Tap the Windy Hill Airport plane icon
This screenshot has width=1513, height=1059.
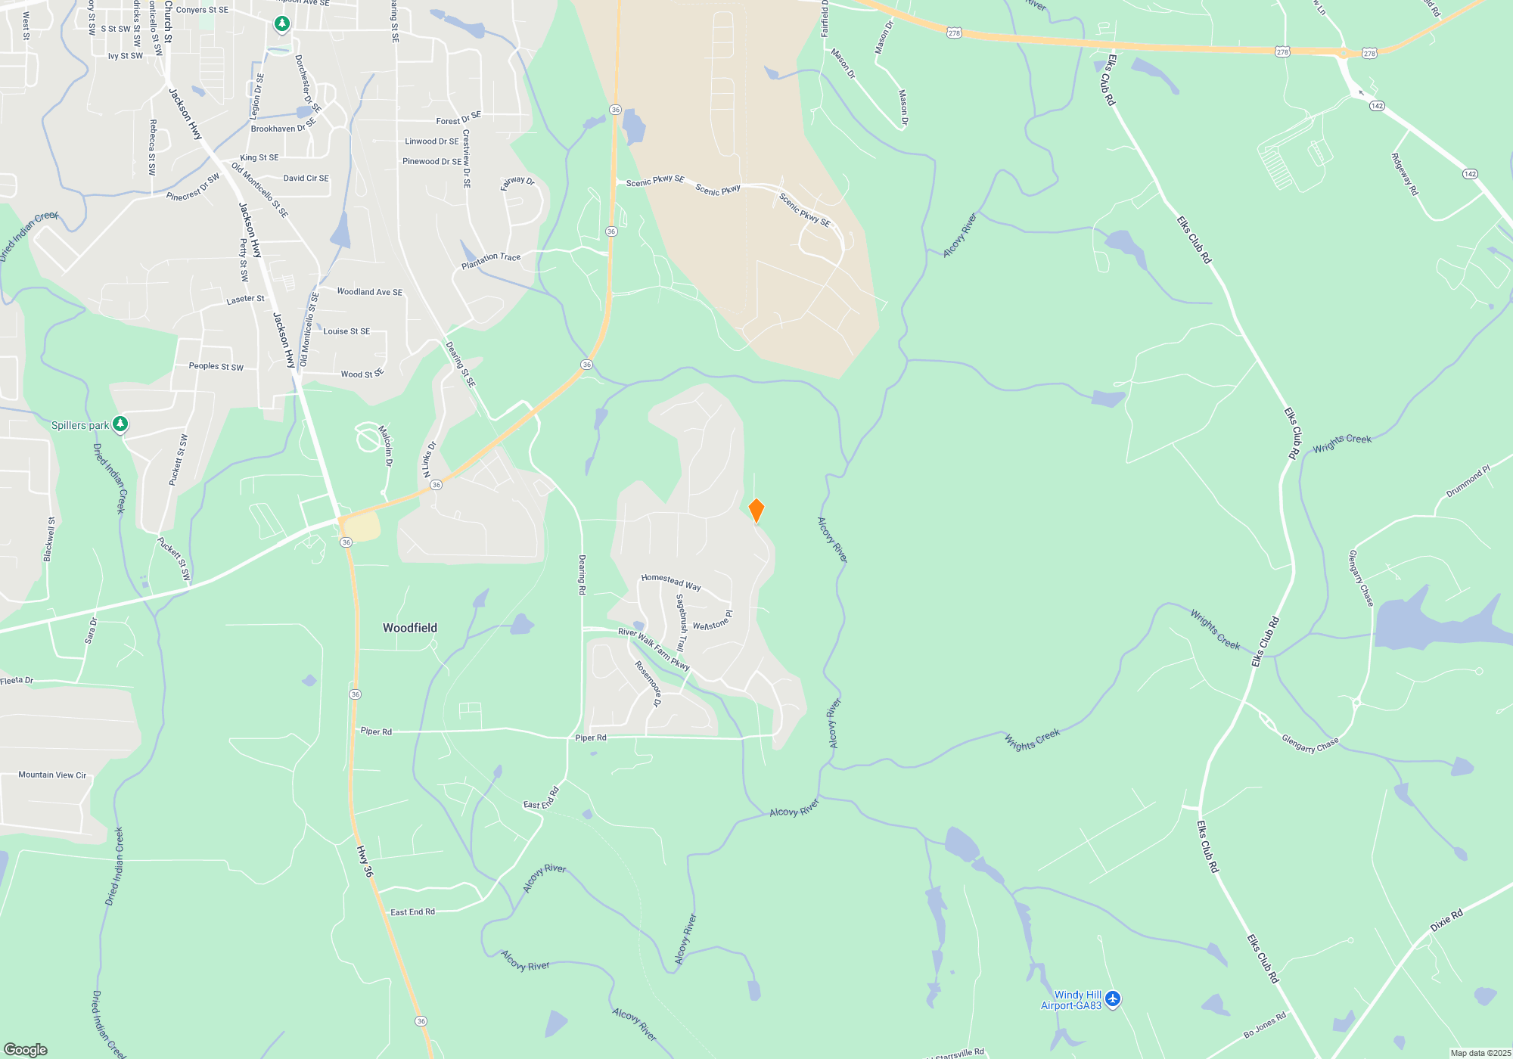pos(1112,999)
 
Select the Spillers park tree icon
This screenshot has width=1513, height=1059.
pos(120,424)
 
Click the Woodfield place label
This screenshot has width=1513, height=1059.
pos(409,628)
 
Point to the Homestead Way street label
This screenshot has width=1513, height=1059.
pos(671,582)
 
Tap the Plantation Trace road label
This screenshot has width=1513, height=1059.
pos(491,261)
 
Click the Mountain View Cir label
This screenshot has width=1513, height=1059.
pos(52,775)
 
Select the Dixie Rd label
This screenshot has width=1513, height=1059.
pos(1446,920)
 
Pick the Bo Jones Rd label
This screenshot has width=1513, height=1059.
pos(1264,1025)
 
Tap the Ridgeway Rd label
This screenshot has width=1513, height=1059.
pos(1404,174)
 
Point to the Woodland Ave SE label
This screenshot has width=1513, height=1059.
pos(369,292)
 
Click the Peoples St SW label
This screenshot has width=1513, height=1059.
pos(216,366)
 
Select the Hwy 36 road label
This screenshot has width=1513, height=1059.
pos(365,861)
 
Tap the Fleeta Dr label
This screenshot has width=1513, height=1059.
pos(17,681)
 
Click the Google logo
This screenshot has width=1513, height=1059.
pos(26,1049)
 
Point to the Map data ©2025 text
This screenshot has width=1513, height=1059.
pos(1480,1053)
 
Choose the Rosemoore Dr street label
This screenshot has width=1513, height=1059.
pos(648,684)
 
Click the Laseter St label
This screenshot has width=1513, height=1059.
pos(245,300)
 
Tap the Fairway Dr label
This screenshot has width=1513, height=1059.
pos(517,182)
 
